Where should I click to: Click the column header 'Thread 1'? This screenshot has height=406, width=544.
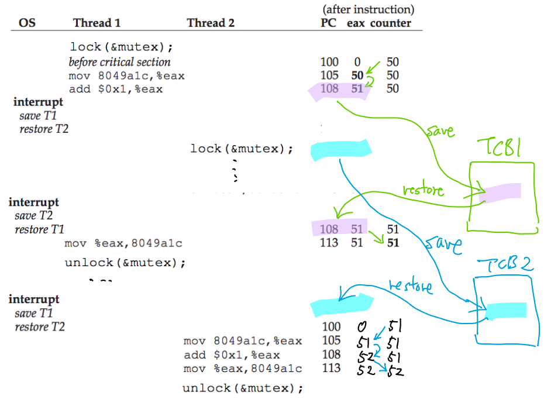click(x=97, y=23)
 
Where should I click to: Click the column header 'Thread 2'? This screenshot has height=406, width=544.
click(x=211, y=23)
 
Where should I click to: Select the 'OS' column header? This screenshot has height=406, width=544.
click(x=27, y=23)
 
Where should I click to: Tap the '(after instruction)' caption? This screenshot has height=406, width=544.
click(x=368, y=9)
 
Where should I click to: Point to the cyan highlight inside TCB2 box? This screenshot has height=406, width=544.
click(x=507, y=311)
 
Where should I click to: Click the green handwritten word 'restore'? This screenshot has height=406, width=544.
click(x=424, y=191)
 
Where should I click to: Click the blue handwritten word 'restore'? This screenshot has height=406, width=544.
click(x=411, y=286)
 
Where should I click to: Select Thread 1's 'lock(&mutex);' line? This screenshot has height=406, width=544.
click(x=122, y=47)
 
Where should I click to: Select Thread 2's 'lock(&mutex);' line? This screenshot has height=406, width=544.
click(x=241, y=149)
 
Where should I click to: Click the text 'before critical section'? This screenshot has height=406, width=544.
click(x=119, y=62)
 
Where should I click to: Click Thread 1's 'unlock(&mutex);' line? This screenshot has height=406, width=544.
click(x=125, y=263)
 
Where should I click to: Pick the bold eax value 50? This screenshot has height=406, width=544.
click(x=357, y=75)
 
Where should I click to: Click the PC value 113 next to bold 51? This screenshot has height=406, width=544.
click(x=329, y=243)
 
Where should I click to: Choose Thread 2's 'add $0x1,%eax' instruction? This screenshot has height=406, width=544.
click(x=232, y=355)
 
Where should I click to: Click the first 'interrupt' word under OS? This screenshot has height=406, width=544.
click(x=38, y=102)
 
